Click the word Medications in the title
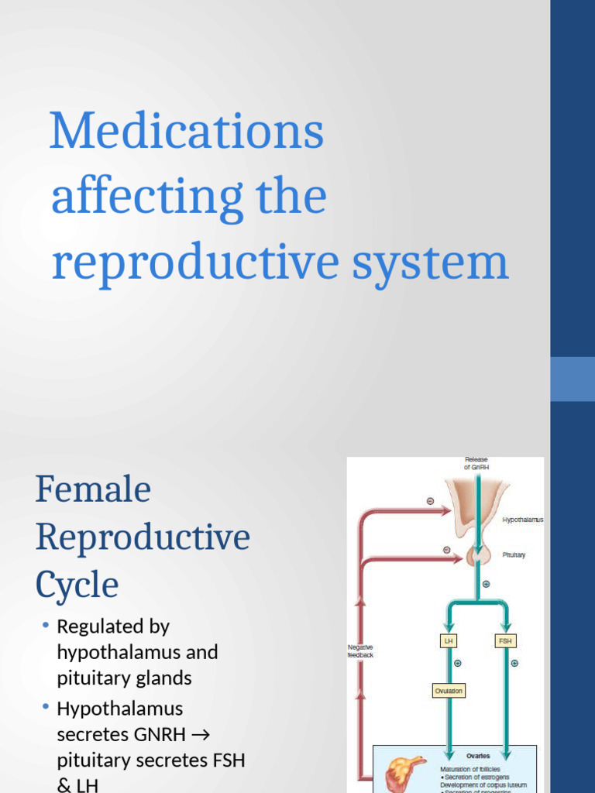click(x=187, y=132)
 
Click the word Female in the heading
click(x=93, y=490)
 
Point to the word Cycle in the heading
click(x=77, y=585)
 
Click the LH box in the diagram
click(x=448, y=641)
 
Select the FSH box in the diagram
click(x=504, y=641)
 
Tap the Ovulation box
click(x=449, y=690)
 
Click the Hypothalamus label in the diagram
click(x=523, y=520)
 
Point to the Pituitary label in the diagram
click(x=514, y=554)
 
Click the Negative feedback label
click(x=360, y=651)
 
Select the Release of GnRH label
click(x=476, y=463)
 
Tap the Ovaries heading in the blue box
click(x=477, y=756)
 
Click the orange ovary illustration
click(x=404, y=774)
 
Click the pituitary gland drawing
click(x=478, y=554)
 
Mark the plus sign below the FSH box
click(x=514, y=663)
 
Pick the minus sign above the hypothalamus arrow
click(x=431, y=501)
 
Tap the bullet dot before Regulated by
click(x=46, y=625)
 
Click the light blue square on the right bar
click(x=573, y=379)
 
